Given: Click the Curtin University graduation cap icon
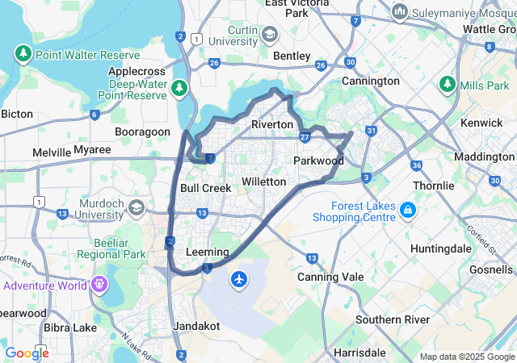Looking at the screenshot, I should click(x=269, y=34).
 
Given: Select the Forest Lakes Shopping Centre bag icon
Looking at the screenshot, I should click(x=409, y=211).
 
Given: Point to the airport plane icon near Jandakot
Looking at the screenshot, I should click(x=239, y=279).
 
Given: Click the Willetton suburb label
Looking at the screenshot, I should click(x=264, y=181).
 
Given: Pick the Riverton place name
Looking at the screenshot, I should click(x=272, y=124).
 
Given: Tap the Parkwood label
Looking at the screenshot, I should click(x=318, y=161).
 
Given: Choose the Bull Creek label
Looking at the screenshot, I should click(x=205, y=188).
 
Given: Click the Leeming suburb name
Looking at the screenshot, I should click(x=208, y=252).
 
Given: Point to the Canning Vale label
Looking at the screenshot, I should click(x=325, y=277).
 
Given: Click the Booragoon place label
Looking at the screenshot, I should click(x=142, y=131).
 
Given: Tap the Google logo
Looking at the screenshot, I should click(x=27, y=353).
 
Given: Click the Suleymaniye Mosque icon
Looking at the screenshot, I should click(x=399, y=12).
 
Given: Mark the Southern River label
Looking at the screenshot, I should click(x=393, y=319).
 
